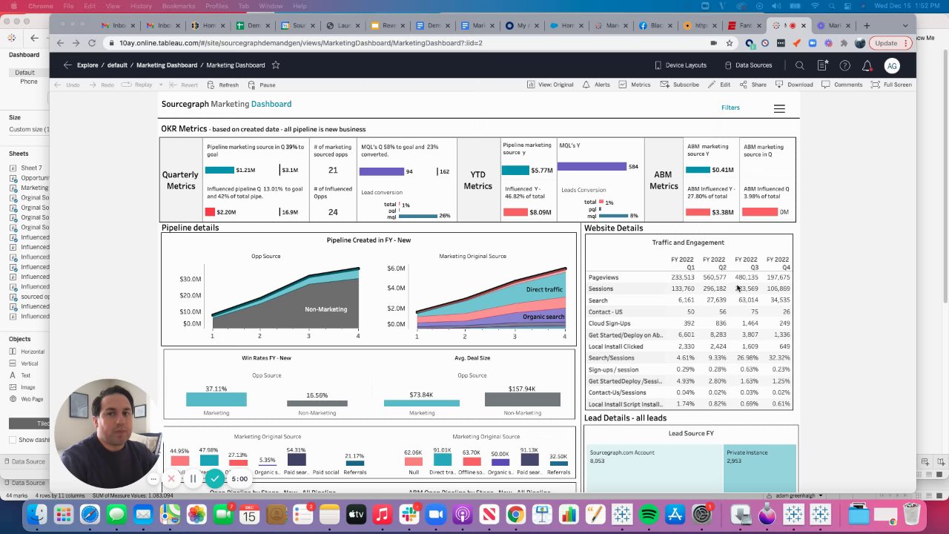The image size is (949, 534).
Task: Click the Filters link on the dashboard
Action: pos(730,108)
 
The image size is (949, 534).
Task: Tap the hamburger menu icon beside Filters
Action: pos(779,108)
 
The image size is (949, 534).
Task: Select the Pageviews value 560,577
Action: pos(714,277)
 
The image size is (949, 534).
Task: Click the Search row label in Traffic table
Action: pos(598,300)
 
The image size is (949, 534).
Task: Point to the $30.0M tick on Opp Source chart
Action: pos(191,279)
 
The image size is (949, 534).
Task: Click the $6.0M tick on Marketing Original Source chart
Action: pos(396,268)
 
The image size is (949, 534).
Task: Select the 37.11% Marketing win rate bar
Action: pos(216,400)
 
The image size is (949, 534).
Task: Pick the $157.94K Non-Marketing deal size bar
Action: pos(522,400)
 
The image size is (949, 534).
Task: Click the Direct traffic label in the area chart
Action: pos(544,289)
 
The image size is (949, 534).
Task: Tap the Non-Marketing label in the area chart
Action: pos(325,309)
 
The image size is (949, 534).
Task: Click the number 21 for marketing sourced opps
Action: pos(333,170)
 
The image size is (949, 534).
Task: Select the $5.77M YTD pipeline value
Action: pos(541,171)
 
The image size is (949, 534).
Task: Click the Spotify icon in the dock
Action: pos(648,514)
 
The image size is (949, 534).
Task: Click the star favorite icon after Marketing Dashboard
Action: pos(275,65)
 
